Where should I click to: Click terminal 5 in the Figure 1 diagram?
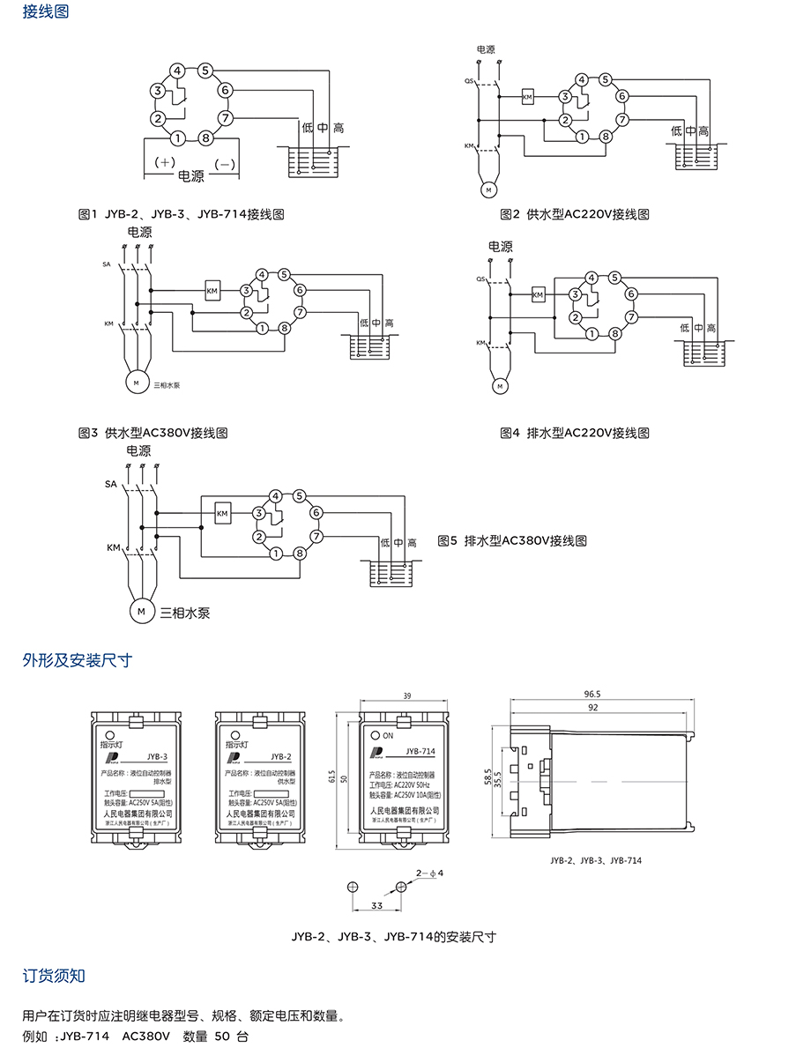pyautogui.click(x=205, y=71)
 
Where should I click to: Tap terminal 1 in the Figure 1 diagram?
pyautogui.click(x=178, y=138)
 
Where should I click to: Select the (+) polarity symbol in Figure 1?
pyautogui.click(x=166, y=163)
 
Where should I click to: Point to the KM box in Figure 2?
pyautogui.click(x=528, y=95)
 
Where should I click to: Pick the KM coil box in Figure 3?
pyautogui.click(x=212, y=290)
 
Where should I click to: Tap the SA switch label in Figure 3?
pyautogui.click(x=107, y=264)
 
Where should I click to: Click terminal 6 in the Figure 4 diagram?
pyautogui.click(x=630, y=294)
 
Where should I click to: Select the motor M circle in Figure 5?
pyautogui.click(x=140, y=609)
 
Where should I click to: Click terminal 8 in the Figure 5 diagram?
pyautogui.click(x=300, y=554)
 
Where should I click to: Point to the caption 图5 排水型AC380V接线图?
pyautogui.click(x=512, y=540)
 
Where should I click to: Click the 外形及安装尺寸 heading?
pyautogui.click(x=77, y=660)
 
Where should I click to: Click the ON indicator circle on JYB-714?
pyautogui.click(x=375, y=734)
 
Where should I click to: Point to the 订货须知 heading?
pyautogui.click(x=54, y=976)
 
